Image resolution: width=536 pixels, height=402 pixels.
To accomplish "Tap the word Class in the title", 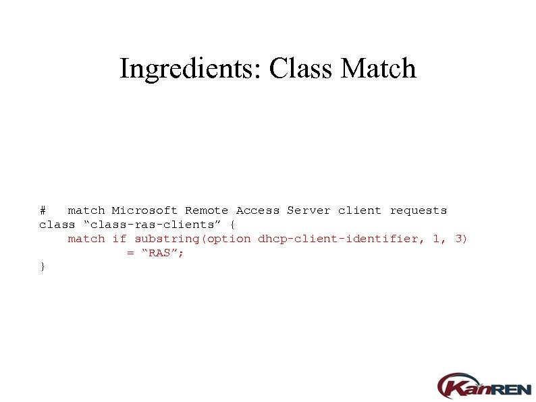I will pos(302,69).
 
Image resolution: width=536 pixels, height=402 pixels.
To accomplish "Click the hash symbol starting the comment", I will pos(43,210).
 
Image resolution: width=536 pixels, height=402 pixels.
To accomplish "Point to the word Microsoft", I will pos(145,210).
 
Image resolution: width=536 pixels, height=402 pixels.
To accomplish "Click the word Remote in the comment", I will pos(207,210).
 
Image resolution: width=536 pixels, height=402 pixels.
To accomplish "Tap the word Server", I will pos(309,210).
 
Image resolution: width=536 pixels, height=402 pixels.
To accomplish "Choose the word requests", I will pos(419,210).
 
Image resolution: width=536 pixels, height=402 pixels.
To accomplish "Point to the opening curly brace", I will pos(233,225).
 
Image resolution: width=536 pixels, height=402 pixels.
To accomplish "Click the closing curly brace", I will pos(43,267).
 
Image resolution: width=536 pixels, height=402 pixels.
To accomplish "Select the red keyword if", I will pos(119,239).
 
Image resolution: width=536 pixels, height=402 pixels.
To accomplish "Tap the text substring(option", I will pos(192,239).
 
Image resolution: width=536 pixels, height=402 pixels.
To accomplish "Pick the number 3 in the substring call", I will pos(459,239).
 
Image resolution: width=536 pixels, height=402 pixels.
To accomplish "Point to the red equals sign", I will pos(130,254).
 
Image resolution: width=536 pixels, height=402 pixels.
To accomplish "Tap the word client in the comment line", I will pos(360,210).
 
